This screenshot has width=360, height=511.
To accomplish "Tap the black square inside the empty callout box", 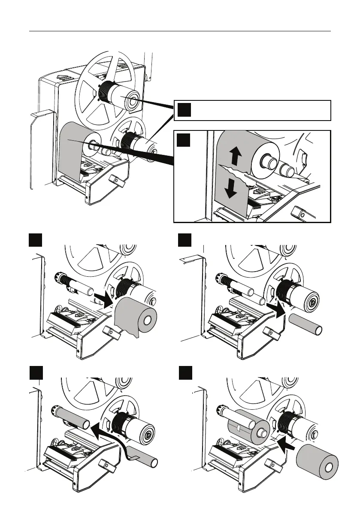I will point(184,110).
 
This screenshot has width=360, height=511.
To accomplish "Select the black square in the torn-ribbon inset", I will point(184,140).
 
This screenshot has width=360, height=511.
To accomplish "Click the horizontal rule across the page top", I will point(180,31).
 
